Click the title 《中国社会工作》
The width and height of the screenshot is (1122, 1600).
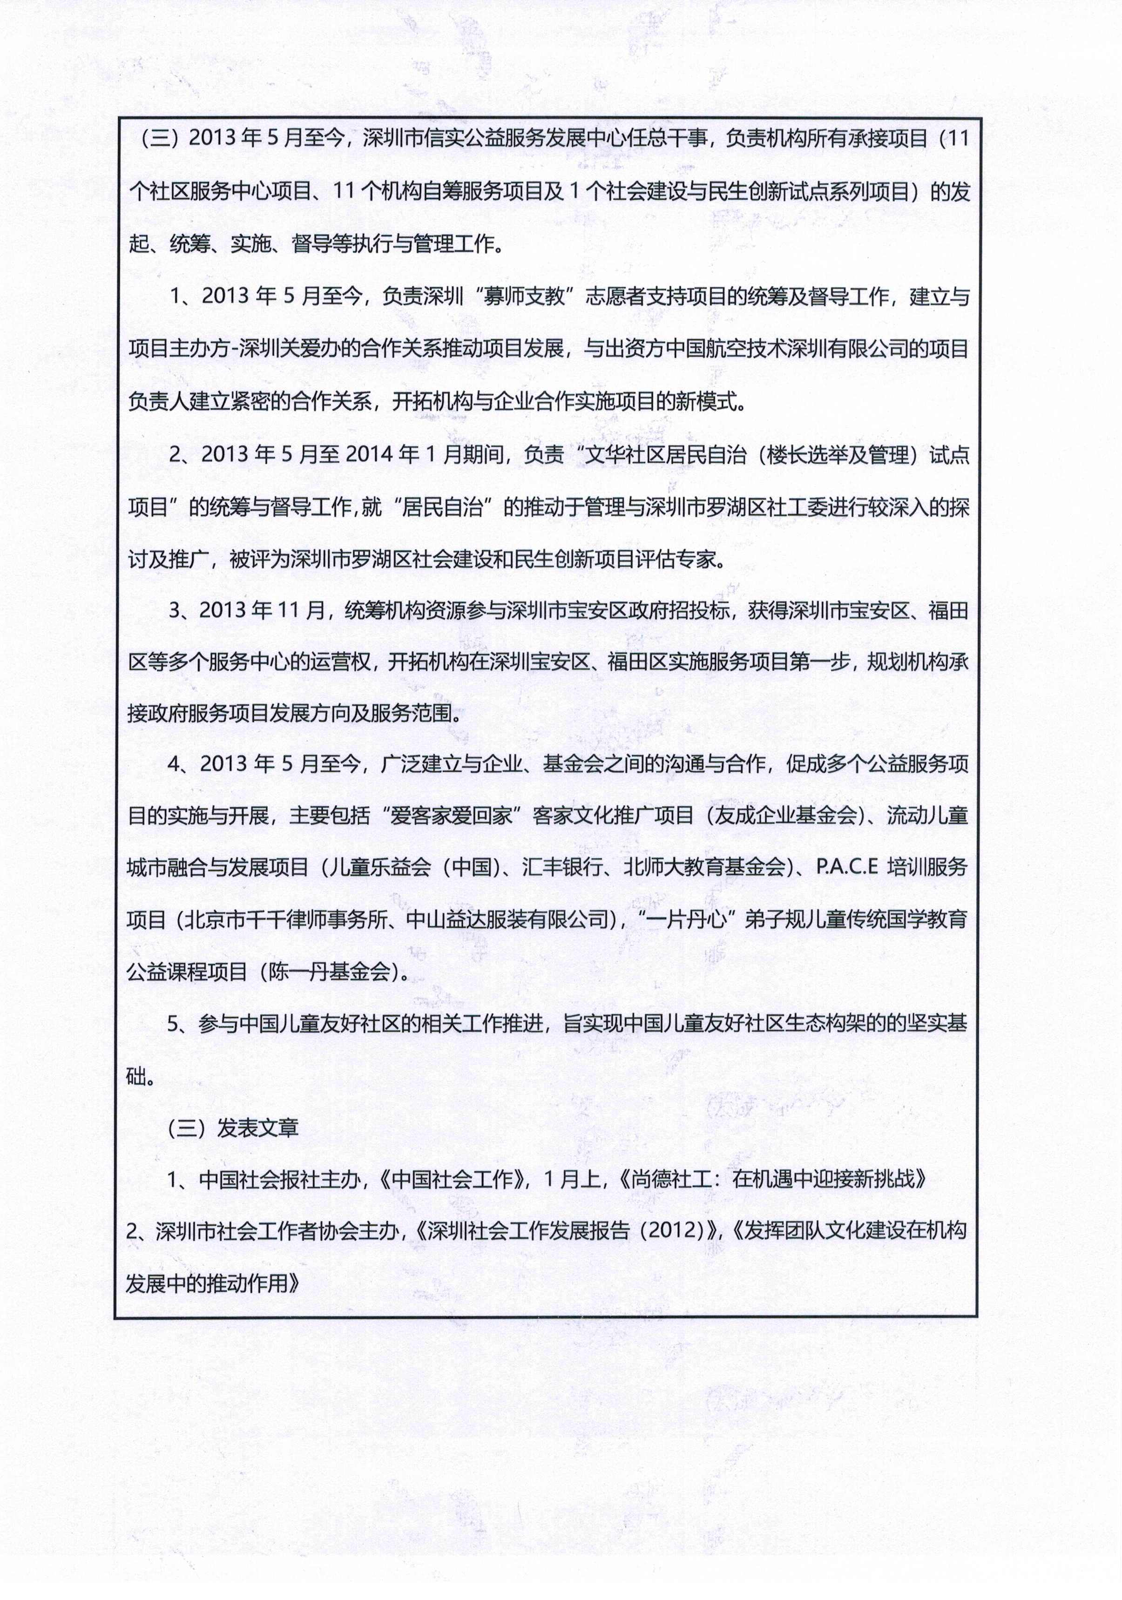(x=456, y=1180)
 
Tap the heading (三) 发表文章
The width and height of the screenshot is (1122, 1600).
(x=233, y=1127)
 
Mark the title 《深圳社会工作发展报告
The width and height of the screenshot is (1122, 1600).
(x=523, y=1231)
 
